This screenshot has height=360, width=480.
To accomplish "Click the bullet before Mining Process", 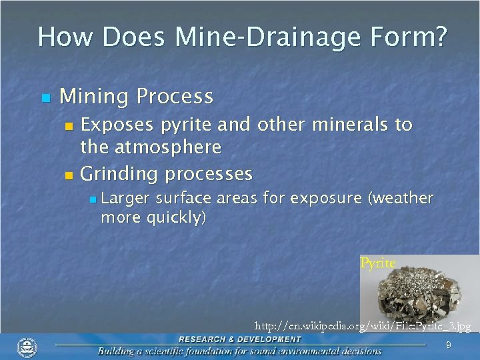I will pos(45,98).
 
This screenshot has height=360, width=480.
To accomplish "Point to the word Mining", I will pos(95,97).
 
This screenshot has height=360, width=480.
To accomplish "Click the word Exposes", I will pos(117,125).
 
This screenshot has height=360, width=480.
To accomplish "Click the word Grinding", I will pos(120,175).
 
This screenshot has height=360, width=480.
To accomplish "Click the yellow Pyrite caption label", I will pos(377,263).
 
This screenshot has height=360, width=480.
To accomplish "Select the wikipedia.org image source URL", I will pos(363,327).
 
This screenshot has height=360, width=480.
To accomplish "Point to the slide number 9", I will pos(448,345).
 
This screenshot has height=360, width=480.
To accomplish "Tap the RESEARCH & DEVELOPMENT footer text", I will pos(239,339).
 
